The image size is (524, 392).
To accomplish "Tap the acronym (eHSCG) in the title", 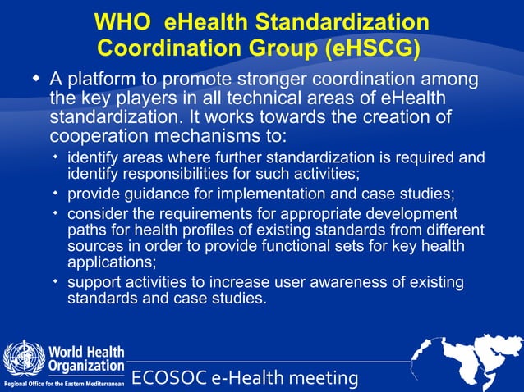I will coord(374,48).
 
